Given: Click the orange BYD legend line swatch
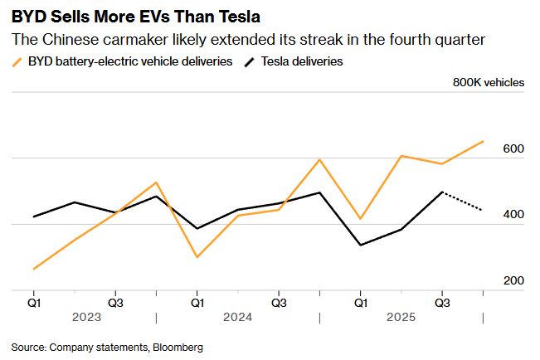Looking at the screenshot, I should pos(17,61).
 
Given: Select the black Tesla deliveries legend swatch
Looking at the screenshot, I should pos(250,61).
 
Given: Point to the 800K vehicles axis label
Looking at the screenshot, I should pos(489,82).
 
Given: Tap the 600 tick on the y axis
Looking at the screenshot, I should pos(513,148).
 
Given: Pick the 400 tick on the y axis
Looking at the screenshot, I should pos(513,215).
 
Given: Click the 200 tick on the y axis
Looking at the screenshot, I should pos(513,281).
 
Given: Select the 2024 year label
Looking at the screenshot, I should pos(237,317).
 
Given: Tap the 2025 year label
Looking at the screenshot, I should pos(401,317).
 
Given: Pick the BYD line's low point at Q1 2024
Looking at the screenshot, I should pos(197,257).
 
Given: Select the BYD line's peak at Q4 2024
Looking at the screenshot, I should pos(319,159).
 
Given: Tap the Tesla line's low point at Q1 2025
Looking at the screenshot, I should pos(360,245).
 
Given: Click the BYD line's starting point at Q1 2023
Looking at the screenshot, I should pos(34,269).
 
